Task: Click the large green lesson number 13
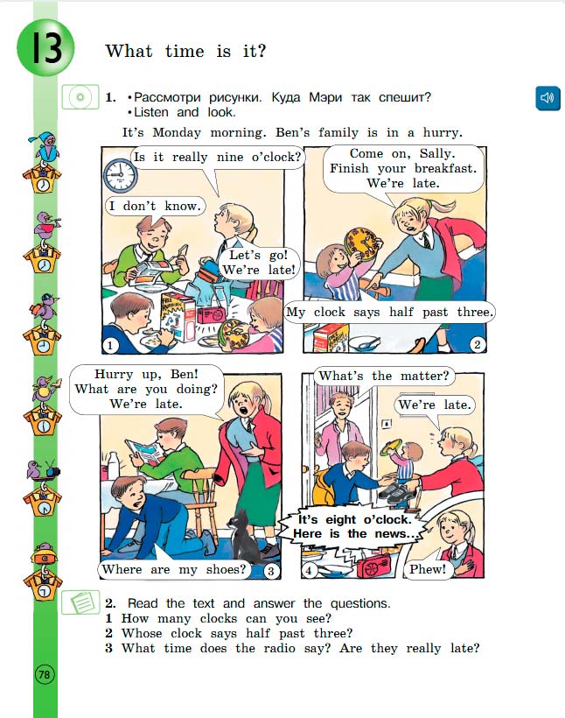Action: pos(45,47)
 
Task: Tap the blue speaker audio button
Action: pos(548,97)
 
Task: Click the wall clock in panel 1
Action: pos(121,175)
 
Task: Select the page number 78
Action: pos(45,674)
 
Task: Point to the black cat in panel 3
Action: pos(243,535)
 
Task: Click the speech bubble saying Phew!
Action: pos(428,569)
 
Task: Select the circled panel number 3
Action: pos(271,571)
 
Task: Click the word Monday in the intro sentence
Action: pos(177,133)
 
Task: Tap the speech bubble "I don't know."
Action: pos(156,206)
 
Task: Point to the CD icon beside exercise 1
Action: pos(80,97)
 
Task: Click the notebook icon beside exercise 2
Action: pos(80,602)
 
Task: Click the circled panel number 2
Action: pos(478,344)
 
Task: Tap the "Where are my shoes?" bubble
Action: pos(174,569)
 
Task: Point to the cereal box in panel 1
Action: pos(178,316)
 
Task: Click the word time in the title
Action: pos(185,51)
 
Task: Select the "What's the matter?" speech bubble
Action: pos(384,377)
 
